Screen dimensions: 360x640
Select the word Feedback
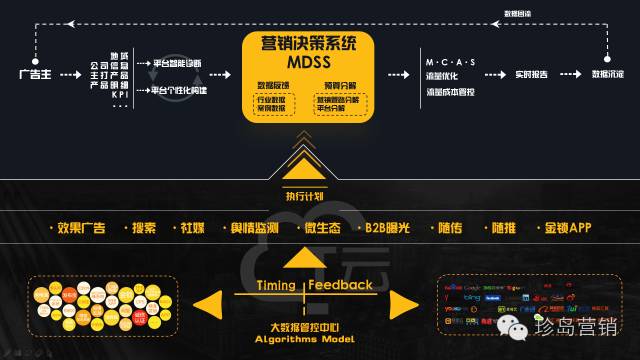[340, 285]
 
